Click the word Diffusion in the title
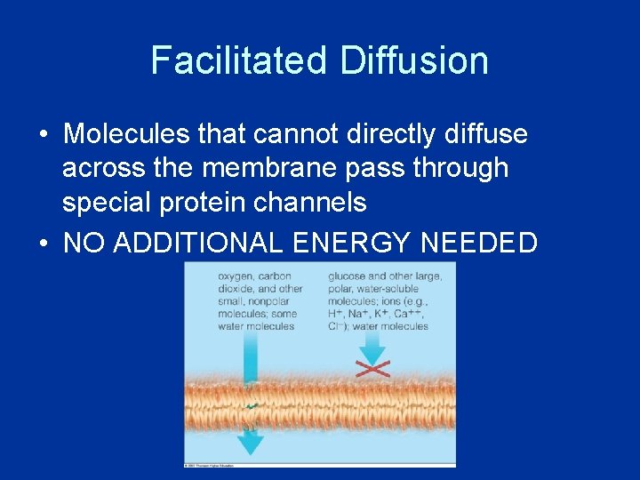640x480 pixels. pos(413,60)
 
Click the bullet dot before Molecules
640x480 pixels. pos(43,135)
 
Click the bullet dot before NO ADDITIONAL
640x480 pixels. pos(43,243)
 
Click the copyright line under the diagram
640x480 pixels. pos(213,464)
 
